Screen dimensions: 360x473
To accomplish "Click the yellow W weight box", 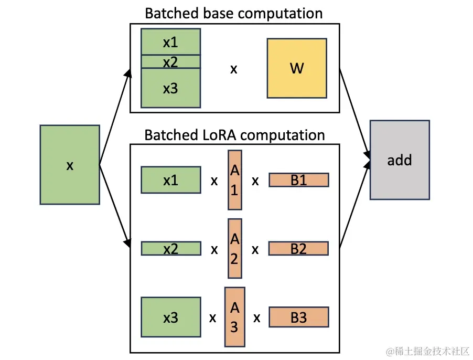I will [x=297, y=68].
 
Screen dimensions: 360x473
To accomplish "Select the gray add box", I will [x=400, y=160].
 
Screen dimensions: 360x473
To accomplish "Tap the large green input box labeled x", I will [x=70, y=165].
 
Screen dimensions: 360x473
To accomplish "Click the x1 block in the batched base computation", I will [x=170, y=42].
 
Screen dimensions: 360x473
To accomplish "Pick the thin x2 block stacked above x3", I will [x=170, y=62].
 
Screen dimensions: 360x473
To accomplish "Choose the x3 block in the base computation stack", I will [x=170, y=88].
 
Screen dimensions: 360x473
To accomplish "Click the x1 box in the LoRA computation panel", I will [x=170, y=180].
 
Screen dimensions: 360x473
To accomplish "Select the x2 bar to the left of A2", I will [x=170, y=248].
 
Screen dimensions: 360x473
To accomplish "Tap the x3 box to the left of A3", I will [x=170, y=317].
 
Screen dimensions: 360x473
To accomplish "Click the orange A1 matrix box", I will [x=234, y=180].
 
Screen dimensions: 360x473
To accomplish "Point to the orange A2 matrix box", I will [x=234, y=248].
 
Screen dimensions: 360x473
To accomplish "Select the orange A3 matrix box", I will [x=234, y=317].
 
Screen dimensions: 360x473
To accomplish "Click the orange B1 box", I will [x=298, y=180].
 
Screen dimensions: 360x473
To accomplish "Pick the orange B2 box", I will [x=298, y=248].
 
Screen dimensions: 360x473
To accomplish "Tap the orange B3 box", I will [x=298, y=317].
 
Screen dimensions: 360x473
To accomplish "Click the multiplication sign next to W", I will [x=234, y=69].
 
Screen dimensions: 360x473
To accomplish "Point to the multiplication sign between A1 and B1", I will [x=255, y=181].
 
